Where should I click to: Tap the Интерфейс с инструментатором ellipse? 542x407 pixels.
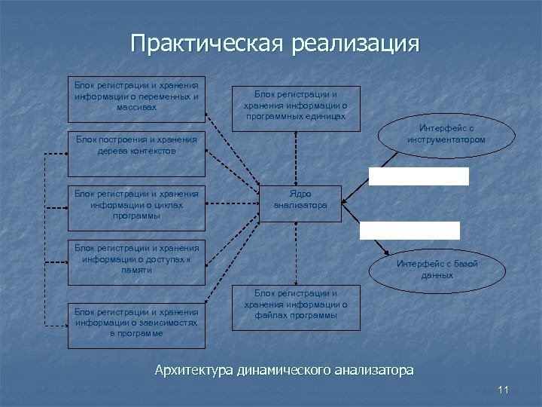coord(446,134)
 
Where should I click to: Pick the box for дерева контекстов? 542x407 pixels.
coord(136,153)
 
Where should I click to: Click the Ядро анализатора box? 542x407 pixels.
coord(300,201)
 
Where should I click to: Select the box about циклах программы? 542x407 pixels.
coord(136,206)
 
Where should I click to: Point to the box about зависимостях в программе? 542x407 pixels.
coord(136,323)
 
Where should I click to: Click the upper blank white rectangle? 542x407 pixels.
coord(419,176)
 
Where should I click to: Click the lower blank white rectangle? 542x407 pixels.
coord(410,230)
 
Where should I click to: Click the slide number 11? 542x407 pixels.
coord(504,390)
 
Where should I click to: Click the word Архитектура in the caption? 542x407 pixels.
coord(193,370)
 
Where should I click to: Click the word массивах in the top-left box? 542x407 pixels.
coord(136,107)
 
